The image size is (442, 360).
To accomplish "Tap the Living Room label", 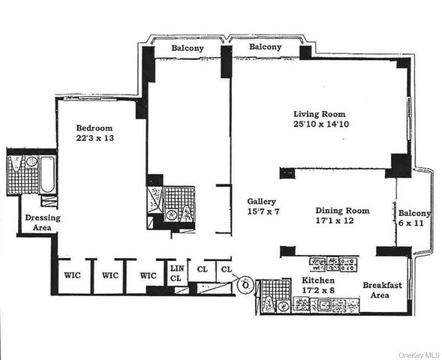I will pos(318,114).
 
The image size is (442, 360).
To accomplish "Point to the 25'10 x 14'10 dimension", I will pos(318,125).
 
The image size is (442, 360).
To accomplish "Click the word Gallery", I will pos(263,202).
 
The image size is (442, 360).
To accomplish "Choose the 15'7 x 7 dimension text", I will pos(263,213).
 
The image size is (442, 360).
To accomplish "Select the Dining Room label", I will pos(343,211).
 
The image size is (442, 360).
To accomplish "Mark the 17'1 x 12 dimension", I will pos(343,222).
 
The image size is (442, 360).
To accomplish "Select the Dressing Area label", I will pos(41,223).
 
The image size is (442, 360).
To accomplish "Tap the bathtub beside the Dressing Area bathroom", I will pos(47,175).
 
